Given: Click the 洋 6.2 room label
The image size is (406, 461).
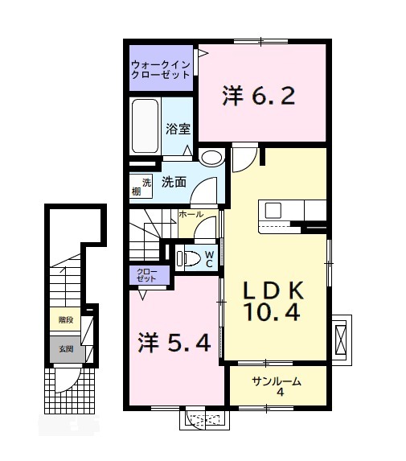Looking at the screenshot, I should click(x=259, y=97).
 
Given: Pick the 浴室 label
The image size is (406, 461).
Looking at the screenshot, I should click(x=177, y=127).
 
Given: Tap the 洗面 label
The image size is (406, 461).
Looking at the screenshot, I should click(x=174, y=183).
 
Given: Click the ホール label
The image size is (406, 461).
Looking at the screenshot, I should click(x=191, y=216).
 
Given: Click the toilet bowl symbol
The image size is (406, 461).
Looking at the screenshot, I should click(x=187, y=258).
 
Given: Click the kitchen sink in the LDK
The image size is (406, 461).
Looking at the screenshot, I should click(x=273, y=211).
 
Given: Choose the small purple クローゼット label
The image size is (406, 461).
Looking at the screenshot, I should click(x=147, y=276).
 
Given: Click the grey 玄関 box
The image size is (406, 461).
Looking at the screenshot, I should click(x=65, y=349).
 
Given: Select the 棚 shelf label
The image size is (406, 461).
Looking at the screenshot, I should click(x=137, y=191).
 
